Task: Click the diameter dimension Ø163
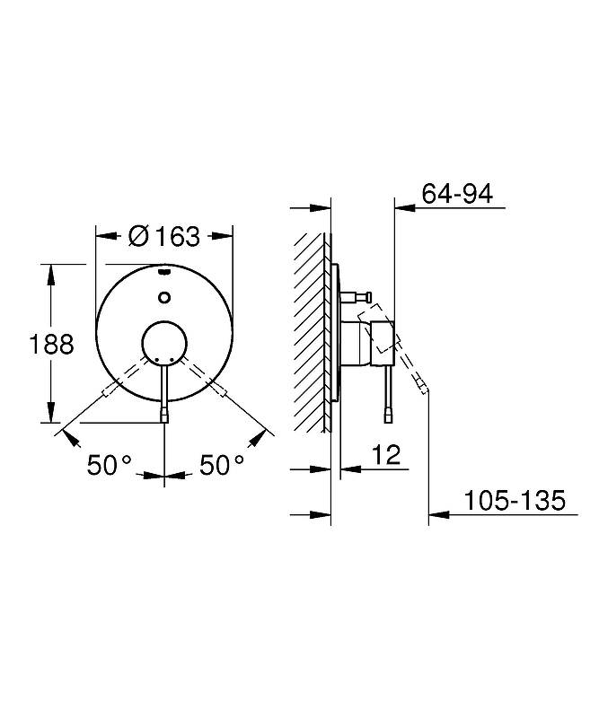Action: [163, 236]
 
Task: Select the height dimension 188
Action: [51, 344]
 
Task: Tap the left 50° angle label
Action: [110, 465]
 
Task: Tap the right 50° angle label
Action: [222, 465]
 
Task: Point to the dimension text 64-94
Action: [457, 193]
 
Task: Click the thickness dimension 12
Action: [386, 455]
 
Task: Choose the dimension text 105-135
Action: [515, 500]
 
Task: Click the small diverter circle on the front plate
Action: [164, 297]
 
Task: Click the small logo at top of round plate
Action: [164, 273]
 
